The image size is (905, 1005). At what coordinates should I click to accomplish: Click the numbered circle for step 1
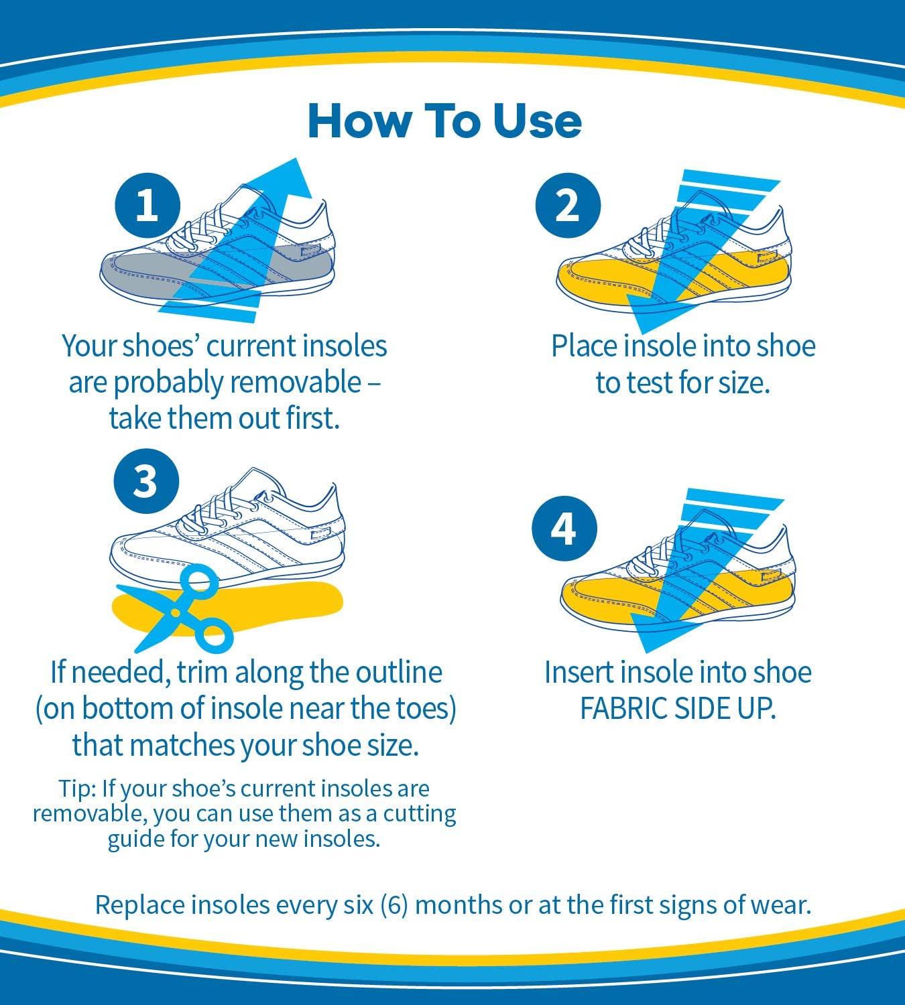tap(147, 204)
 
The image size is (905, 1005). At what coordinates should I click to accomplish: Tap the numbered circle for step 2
tap(567, 204)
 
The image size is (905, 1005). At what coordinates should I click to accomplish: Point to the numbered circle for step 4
tap(564, 529)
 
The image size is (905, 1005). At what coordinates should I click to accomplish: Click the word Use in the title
tap(537, 121)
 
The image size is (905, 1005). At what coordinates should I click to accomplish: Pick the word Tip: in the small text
tap(78, 789)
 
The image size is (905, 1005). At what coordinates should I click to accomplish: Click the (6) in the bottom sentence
tap(394, 904)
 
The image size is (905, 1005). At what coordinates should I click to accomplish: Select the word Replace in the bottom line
tap(139, 904)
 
